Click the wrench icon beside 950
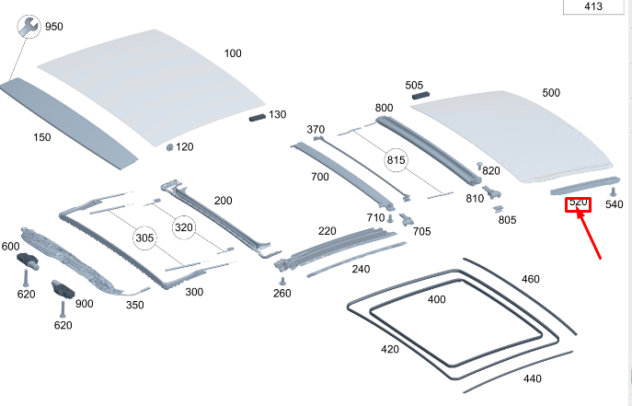point(29,28)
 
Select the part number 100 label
point(233,52)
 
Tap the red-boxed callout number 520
point(578,203)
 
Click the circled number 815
point(396,159)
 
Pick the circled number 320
point(185,226)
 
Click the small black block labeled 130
point(256,117)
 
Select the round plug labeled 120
point(170,147)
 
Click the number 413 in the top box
point(593,7)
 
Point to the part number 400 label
point(436,299)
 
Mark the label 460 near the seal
point(531,279)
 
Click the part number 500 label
point(550,93)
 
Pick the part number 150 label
point(42,137)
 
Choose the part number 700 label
point(320,176)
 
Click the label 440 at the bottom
point(532,378)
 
